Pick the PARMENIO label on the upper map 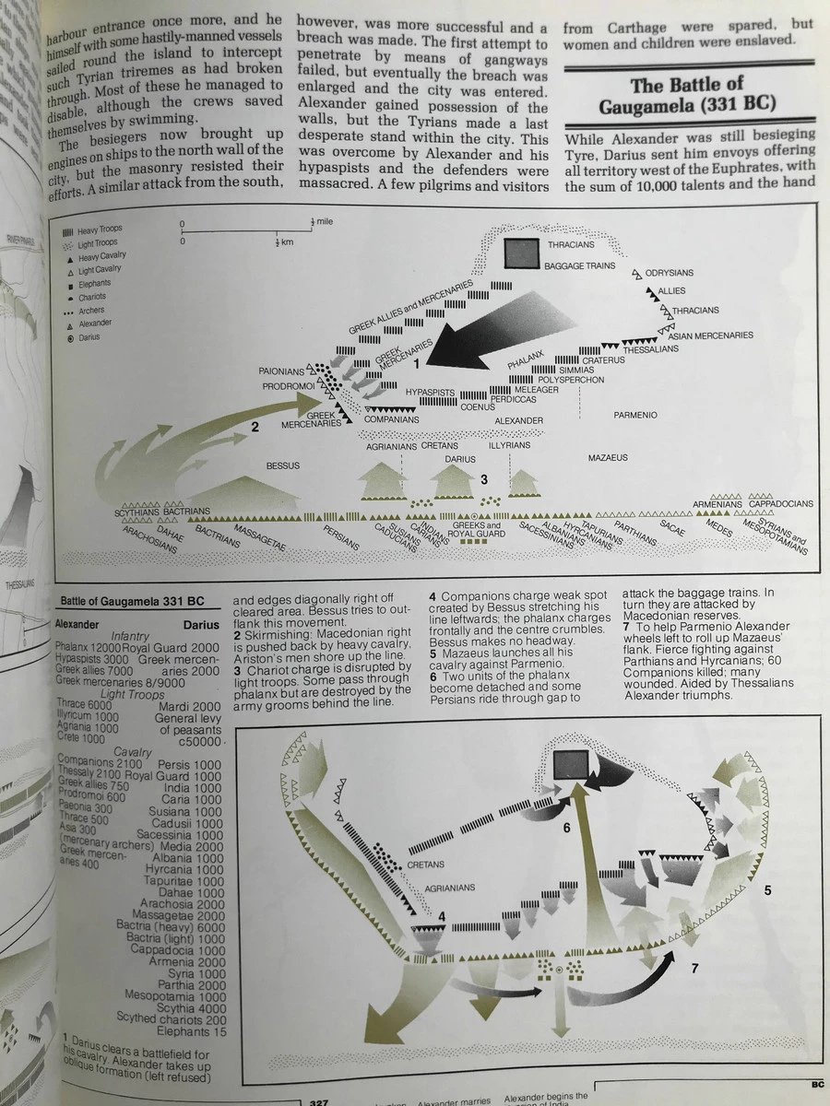[x=634, y=416]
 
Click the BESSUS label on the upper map [x=283, y=465]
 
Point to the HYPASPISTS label [x=431, y=393]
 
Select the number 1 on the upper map [x=417, y=364]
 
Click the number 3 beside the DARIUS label [x=483, y=479]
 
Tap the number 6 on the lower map [x=567, y=828]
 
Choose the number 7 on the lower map [x=694, y=967]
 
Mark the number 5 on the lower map [x=767, y=891]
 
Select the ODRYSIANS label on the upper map [x=670, y=273]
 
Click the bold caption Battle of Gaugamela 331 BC [x=133, y=601]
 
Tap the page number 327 [x=318, y=1101]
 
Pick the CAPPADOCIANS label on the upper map [x=780, y=504]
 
